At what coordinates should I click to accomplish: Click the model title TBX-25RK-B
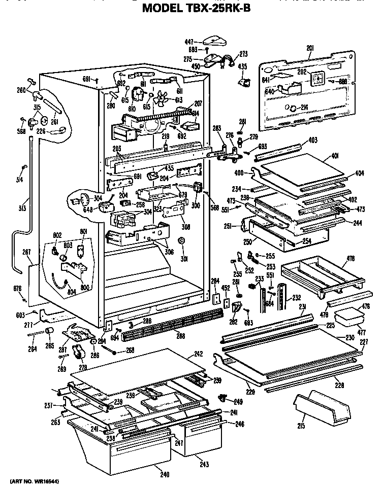(x=196, y=8)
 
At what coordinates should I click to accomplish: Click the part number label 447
(x=189, y=42)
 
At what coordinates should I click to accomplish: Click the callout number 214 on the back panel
(x=304, y=107)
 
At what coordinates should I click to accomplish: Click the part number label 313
(x=22, y=208)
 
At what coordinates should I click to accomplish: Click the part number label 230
(x=349, y=337)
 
